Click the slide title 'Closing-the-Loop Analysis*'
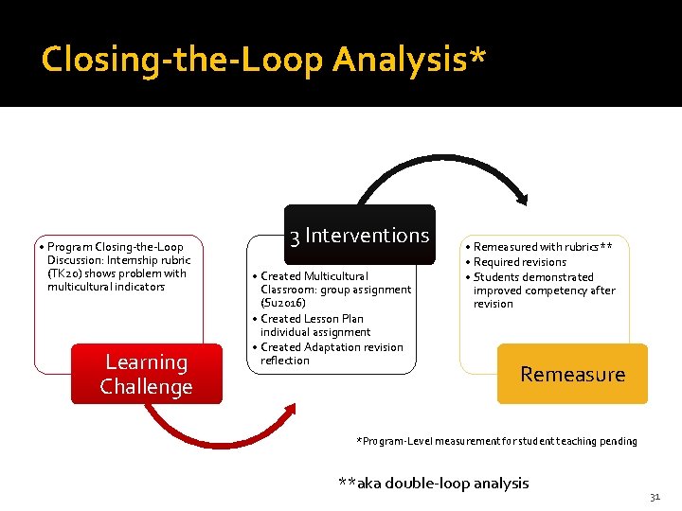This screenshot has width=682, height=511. tap(264, 60)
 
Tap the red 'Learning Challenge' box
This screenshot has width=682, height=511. tap(146, 375)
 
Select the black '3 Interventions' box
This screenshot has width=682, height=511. tap(359, 235)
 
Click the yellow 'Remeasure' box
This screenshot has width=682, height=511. tap(572, 374)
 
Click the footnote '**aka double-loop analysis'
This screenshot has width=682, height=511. tap(433, 483)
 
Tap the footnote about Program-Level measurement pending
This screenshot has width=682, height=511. tap(496, 441)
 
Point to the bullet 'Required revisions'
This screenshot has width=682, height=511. tap(520, 262)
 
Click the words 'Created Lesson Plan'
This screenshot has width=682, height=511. tap(312, 319)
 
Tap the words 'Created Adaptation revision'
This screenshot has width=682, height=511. tap(332, 347)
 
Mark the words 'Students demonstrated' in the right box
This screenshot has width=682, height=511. tap(533, 277)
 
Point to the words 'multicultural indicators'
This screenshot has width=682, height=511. tap(105, 287)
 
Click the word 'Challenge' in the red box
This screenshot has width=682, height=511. tap(146, 387)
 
